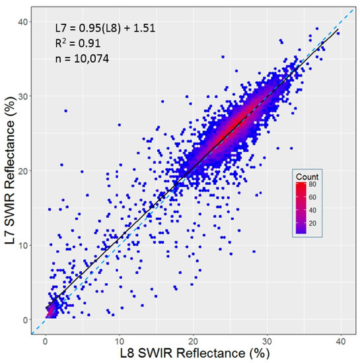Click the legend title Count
click(x=309, y=177)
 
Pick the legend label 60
click(x=322, y=197)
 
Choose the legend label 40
click(x=322, y=210)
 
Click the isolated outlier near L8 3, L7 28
click(x=65, y=111)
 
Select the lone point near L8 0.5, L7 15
click(x=49, y=209)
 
